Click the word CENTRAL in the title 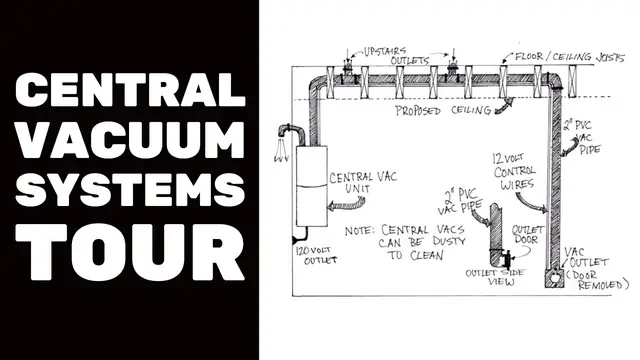point(129,94)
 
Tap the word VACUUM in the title point(129,144)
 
